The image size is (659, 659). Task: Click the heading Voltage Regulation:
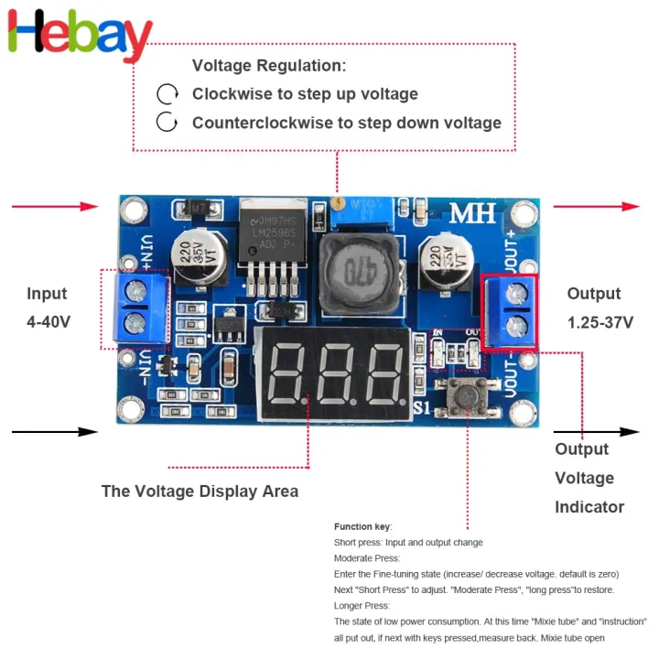(x=269, y=66)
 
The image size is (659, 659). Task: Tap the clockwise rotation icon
(x=167, y=94)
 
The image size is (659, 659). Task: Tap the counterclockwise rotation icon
(x=167, y=123)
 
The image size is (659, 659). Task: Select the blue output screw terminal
(x=509, y=309)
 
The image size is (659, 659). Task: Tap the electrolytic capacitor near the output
(x=443, y=259)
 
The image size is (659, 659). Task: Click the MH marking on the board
(x=472, y=213)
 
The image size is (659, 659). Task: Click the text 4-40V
(x=48, y=322)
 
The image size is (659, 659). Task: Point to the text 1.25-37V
(x=600, y=322)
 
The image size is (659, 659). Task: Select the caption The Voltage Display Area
(x=200, y=492)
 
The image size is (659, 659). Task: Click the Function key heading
(x=362, y=526)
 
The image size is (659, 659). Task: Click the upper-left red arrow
(x=55, y=207)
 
